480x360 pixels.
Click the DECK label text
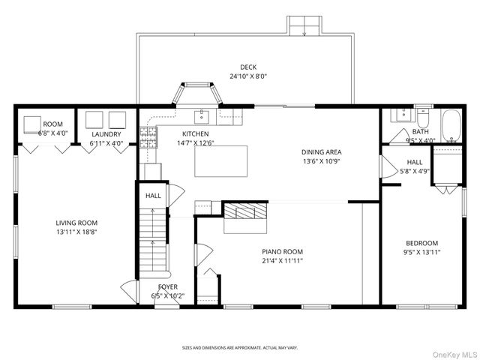[x=248, y=67]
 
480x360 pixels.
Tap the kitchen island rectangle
[x=221, y=161]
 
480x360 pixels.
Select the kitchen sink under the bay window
[x=202, y=117]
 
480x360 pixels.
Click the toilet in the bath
[x=424, y=118]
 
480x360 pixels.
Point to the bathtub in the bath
[x=451, y=125]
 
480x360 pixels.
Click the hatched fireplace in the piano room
[x=244, y=211]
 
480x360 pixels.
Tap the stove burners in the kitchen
[x=148, y=137]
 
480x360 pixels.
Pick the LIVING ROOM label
[x=76, y=223]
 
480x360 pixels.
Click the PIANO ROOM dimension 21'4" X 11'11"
[x=282, y=261]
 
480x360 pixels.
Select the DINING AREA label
[x=322, y=152]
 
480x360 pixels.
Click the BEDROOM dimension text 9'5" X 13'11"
[x=421, y=252]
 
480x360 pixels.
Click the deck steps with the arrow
[x=304, y=26]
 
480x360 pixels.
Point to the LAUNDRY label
[x=106, y=134]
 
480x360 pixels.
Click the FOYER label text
[x=168, y=286]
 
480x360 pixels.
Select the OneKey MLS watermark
[x=455, y=355]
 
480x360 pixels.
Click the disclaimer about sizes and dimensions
[x=240, y=348]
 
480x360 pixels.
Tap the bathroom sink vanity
[x=403, y=115]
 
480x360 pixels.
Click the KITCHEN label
[x=196, y=133]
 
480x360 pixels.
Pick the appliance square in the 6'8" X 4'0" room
[x=32, y=124]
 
